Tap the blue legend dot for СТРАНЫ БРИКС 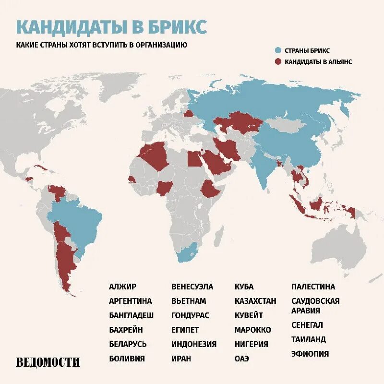pos(278,50)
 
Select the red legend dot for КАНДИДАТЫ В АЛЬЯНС pos(278,61)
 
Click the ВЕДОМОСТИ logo pos(48,362)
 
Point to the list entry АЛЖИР pos(122,287)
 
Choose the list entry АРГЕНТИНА pos(130,301)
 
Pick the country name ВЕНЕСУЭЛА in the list pos(192,287)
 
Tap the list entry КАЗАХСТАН pos(255,301)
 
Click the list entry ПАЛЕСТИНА pos(313,287)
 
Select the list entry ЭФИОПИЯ pos(310,354)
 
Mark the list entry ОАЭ pos(242,359)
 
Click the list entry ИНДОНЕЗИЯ pos(194,344)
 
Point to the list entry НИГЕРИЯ pos(251,344)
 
